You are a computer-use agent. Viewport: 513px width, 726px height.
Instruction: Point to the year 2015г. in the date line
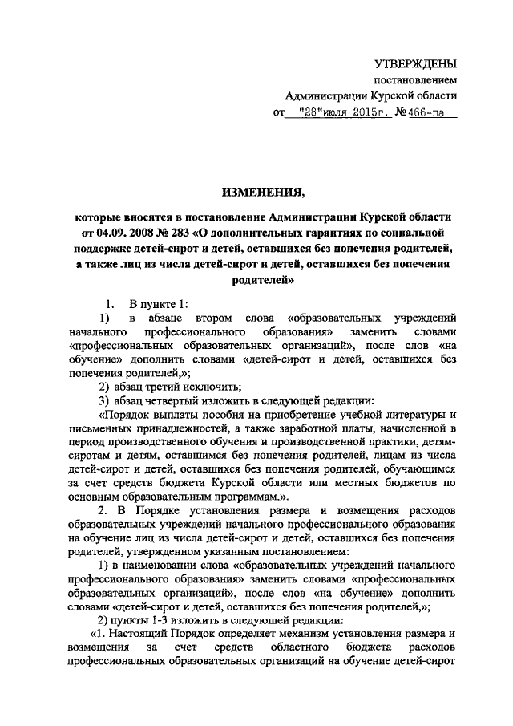click(x=370, y=113)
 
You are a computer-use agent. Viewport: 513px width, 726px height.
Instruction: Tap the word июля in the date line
click(x=333, y=113)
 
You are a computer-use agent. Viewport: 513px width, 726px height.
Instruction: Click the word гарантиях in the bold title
click(x=343, y=232)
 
